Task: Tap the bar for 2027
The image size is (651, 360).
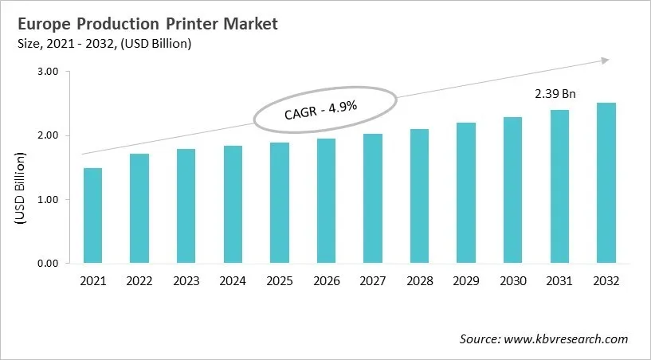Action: (x=372, y=198)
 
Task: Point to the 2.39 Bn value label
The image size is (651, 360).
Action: (x=555, y=94)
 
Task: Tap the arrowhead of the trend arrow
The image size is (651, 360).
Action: (x=606, y=60)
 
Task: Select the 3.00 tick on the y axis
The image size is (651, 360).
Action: (x=48, y=72)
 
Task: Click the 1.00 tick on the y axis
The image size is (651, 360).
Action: (x=48, y=199)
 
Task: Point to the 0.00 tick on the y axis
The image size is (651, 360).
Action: (x=48, y=263)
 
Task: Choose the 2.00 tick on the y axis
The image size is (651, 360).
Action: (x=48, y=135)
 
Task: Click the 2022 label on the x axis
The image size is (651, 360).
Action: (x=139, y=282)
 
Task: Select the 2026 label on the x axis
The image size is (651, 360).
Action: (x=325, y=282)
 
